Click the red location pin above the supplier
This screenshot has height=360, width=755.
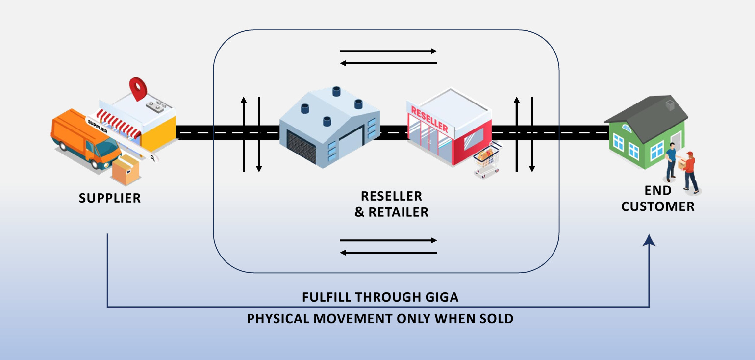click(138, 88)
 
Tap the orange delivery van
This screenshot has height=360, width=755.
click(86, 139)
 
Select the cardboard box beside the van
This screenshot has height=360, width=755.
click(126, 170)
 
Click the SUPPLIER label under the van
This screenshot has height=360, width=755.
click(110, 198)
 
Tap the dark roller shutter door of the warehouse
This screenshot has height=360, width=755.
click(302, 148)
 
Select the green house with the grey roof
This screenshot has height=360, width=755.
click(646, 132)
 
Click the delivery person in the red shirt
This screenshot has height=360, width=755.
click(690, 172)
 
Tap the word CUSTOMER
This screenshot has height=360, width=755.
click(658, 206)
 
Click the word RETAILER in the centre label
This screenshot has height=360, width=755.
click(399, 212)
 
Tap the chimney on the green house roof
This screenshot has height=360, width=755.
click(670, 105)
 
